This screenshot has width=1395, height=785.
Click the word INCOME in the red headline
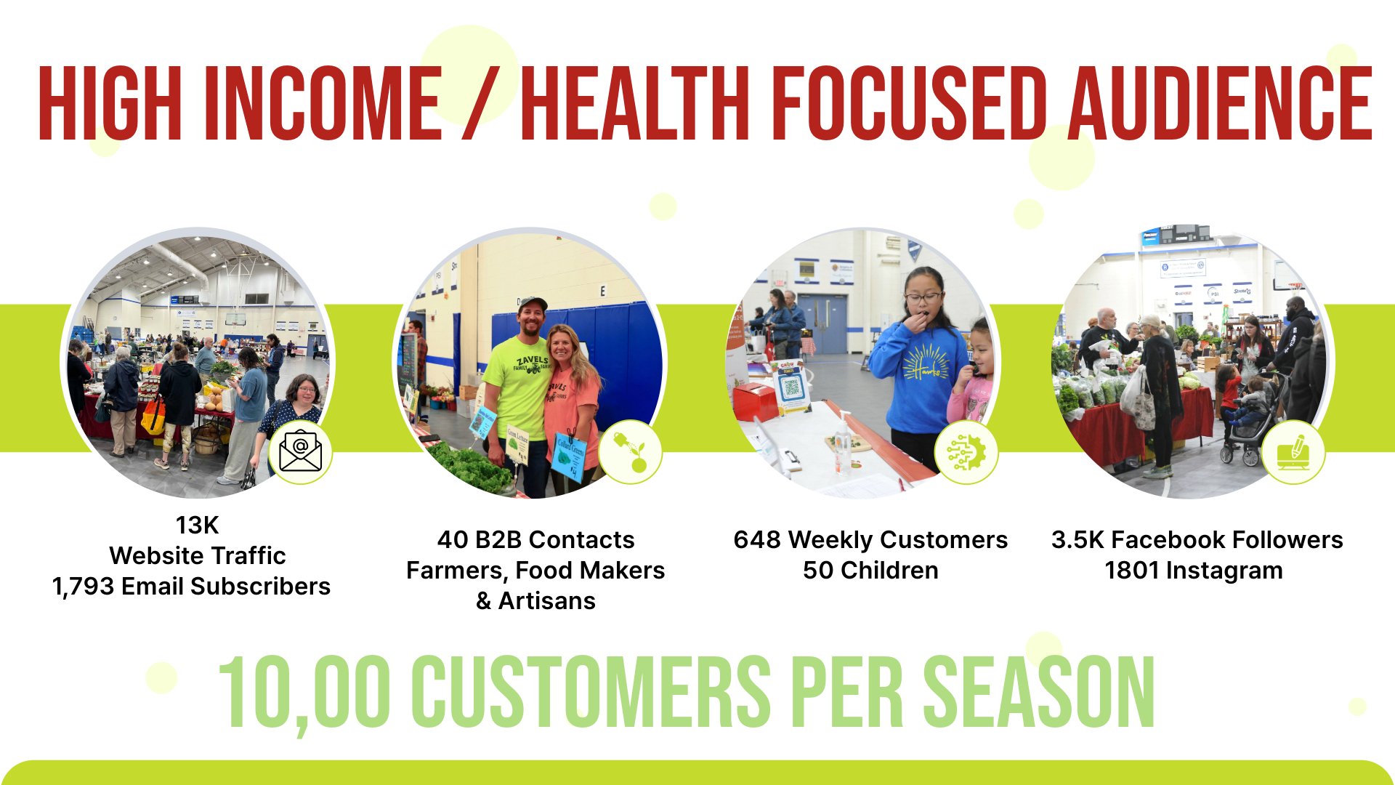click(x=323, y=102)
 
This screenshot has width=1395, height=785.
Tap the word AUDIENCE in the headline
click(x=1220, y=102)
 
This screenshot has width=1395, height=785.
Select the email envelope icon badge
click(x=301, y=452)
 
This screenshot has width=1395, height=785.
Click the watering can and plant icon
click(x=631, y=452)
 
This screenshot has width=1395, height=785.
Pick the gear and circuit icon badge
click(x=966, y=452)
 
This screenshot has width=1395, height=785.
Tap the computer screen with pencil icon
click(x=1293, y=452)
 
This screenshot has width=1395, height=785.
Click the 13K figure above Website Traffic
click(x=197, y=525)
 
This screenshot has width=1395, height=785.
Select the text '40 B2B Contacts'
click(x=535, y=540)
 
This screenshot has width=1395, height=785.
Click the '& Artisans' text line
click(x=535, y=601)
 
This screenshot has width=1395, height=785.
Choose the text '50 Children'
click(x=870, y=571)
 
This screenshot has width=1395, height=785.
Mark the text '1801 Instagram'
click(x=1194, y=571)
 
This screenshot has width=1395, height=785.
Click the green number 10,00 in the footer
click(x=304, y=693)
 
